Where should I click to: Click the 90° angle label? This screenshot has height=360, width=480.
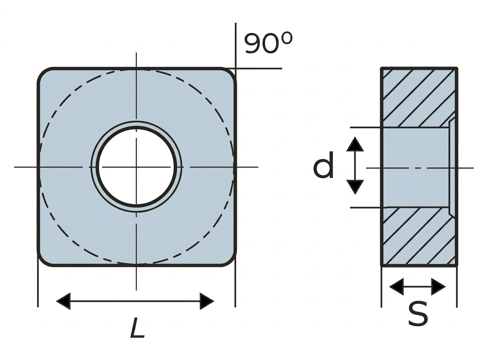coord(268,43)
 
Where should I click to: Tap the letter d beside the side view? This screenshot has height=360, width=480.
coord(323,165)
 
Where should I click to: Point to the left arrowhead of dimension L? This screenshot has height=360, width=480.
coord(63,301)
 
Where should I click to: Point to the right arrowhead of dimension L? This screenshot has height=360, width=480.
coord(207,301)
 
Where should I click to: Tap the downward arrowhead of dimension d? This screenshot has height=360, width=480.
coord(355,187)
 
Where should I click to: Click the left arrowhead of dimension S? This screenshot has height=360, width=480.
coord(396,286)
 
